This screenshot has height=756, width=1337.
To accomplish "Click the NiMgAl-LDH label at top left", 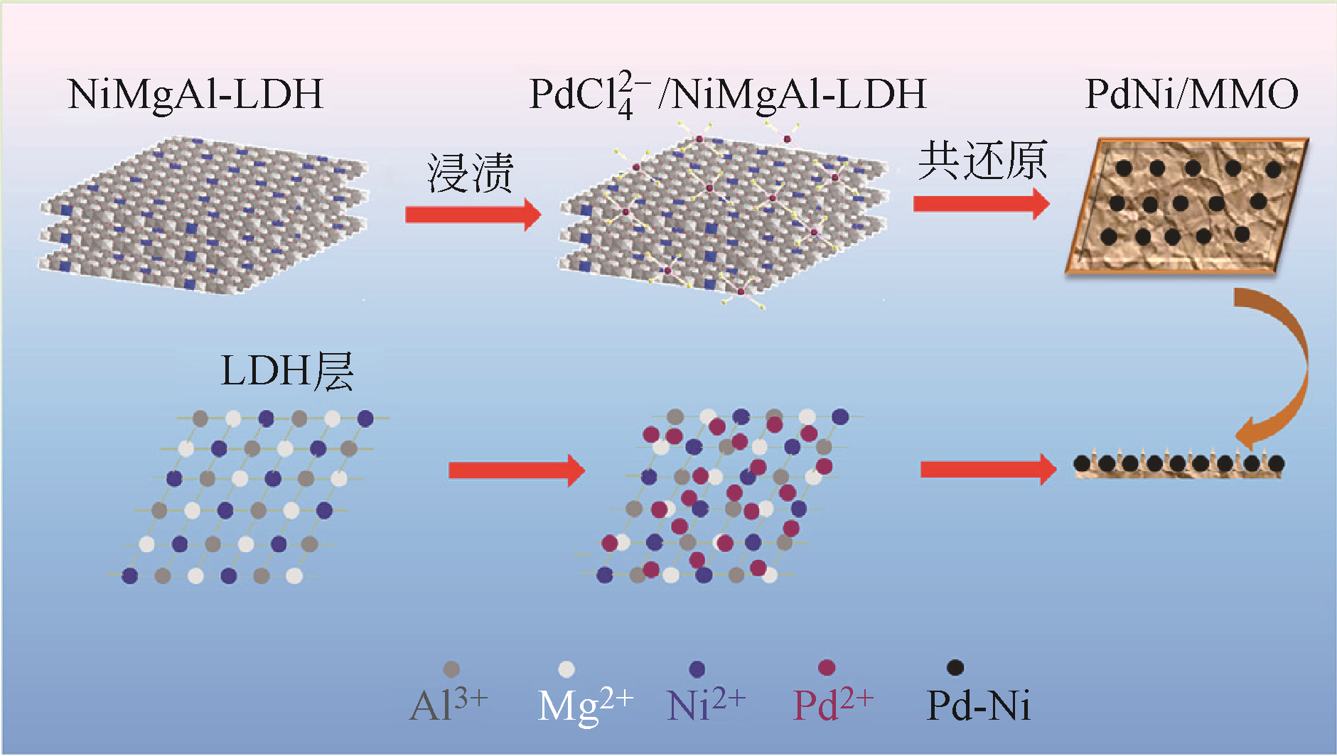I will click(195, 94).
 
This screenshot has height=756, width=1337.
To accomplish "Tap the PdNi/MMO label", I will click(1191, 94).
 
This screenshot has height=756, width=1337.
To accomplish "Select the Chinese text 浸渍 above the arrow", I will click(470, 173).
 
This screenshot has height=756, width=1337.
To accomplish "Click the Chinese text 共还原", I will click(982, 161).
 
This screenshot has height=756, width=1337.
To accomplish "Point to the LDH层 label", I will click(287, 371).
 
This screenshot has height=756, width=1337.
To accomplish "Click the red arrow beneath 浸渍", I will click(473, 214).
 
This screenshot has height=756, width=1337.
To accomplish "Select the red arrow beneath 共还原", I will click(981, 204).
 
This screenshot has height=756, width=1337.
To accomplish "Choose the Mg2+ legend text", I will click(585, 706).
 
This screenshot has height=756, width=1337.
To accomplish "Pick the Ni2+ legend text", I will click(706, 706).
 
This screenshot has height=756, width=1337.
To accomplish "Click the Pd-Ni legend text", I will click(978, 706).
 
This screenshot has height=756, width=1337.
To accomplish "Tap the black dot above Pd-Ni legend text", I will click(955, 668).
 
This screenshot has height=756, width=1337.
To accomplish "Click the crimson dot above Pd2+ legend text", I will click(826, 668).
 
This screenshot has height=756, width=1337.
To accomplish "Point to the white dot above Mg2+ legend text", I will click(567, 669).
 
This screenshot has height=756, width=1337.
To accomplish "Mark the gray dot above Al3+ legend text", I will click(451, 669).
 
